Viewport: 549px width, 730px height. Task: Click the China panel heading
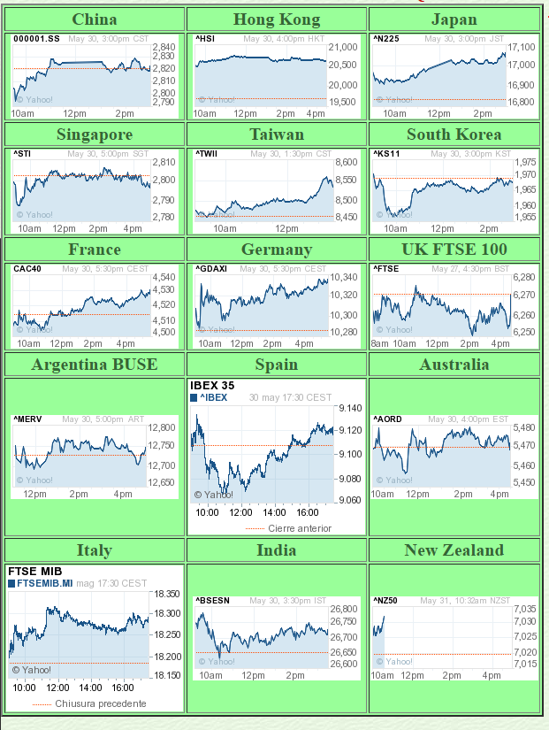coord(94,19)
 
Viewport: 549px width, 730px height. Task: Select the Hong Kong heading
coord(277,19)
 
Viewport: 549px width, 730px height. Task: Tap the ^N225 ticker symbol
coord(385,39)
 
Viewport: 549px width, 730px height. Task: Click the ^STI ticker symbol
coord(22,154)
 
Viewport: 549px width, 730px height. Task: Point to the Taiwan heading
coord(277,134)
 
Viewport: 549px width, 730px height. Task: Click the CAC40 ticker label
coord(27,269)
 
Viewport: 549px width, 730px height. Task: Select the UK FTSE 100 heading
coord(454,250)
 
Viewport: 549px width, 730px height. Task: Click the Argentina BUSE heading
coord(94,365)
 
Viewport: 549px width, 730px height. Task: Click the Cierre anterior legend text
coord(300,528)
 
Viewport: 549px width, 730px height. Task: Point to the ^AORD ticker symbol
coord(387,419)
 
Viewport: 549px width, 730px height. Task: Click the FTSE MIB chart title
coord(32,571)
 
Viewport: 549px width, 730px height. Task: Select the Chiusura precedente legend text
coord(100,703)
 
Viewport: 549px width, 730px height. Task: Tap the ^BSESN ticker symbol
coord(212,601)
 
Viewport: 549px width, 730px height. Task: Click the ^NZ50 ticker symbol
coord(385,601)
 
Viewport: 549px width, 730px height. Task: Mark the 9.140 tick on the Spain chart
coord(349,408)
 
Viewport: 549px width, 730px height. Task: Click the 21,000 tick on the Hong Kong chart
coord(344,48)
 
